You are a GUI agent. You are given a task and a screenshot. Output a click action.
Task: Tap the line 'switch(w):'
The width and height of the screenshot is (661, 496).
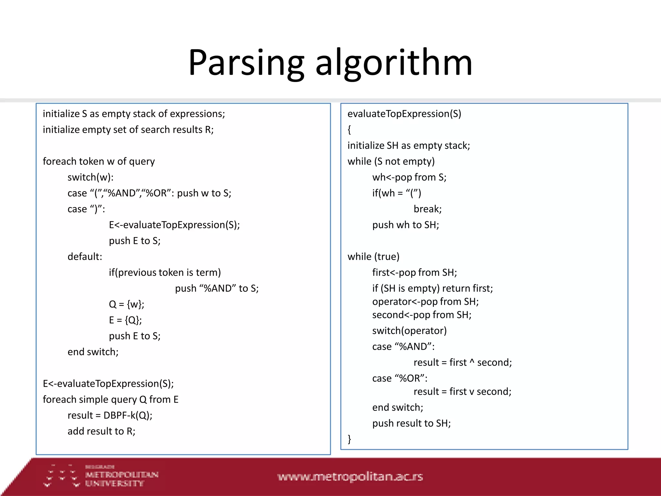90,177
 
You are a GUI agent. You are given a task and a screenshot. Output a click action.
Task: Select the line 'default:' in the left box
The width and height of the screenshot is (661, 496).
85,257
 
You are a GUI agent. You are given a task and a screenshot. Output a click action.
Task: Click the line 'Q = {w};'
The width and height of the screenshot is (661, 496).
127,304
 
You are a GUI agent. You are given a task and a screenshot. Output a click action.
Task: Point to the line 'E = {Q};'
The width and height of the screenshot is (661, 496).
125,320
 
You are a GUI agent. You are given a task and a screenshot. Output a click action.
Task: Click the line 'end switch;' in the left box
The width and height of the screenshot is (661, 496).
93,352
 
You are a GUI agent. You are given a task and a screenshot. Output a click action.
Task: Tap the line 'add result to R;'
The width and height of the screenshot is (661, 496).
101,431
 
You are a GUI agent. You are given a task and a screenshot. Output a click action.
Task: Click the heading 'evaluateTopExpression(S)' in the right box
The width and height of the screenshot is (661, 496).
404,114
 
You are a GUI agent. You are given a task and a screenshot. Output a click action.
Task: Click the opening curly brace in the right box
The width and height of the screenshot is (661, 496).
349,130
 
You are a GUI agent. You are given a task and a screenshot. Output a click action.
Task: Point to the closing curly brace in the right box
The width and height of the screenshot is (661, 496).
349,439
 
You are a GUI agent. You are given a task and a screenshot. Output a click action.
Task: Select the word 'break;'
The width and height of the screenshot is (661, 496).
427,209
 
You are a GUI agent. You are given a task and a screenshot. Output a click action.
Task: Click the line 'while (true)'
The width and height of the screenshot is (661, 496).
373,257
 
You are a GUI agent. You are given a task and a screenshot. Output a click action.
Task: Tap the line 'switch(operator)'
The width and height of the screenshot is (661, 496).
409,331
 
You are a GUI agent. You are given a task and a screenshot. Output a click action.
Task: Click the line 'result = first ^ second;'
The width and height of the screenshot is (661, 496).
463,362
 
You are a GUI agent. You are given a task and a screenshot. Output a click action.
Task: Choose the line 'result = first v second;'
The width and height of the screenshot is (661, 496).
462,392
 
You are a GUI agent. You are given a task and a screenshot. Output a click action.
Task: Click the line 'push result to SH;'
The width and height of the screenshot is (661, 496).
411,423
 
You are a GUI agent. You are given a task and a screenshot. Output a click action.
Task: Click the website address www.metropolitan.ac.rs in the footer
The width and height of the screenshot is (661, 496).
350,477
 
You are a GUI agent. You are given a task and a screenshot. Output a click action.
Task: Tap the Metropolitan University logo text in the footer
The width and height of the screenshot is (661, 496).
121,479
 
